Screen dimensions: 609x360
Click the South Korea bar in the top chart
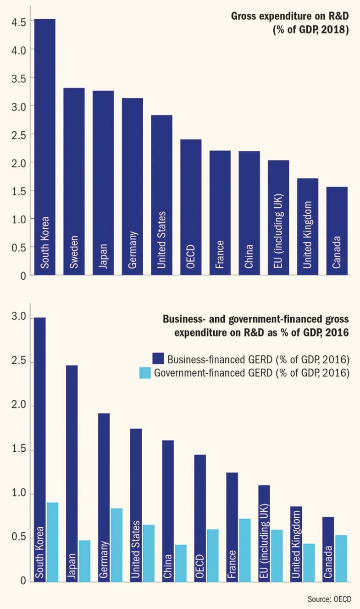(x=45, y=147)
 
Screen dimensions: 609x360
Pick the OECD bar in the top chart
(x=191, y=207)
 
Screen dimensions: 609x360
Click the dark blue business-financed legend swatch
(x=159, y=358)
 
